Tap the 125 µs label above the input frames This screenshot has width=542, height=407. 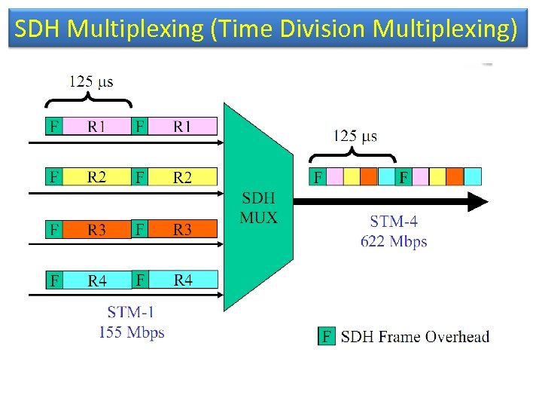coord(91,81)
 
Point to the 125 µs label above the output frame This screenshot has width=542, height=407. coord(356,136)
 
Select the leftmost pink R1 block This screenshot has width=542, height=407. coord(96,127)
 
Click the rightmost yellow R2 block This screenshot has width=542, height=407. coord(182,178)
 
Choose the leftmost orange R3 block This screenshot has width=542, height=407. coord(96,229)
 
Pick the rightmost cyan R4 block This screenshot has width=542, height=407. coord(182,280)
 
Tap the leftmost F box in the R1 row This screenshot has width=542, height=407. coord(53,127)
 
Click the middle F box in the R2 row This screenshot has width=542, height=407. coord(139,178)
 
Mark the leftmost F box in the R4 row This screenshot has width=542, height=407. coord(53,280)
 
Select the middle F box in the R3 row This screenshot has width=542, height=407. coord(139,228)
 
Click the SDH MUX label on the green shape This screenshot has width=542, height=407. coord(258,209)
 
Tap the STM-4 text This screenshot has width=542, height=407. coord(393,222)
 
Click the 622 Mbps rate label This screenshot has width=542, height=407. coord(393,241)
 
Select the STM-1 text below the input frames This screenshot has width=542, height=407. coord(131,313)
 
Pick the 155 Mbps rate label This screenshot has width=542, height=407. coord(131,332)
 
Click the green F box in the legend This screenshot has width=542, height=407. coord(327,336)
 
